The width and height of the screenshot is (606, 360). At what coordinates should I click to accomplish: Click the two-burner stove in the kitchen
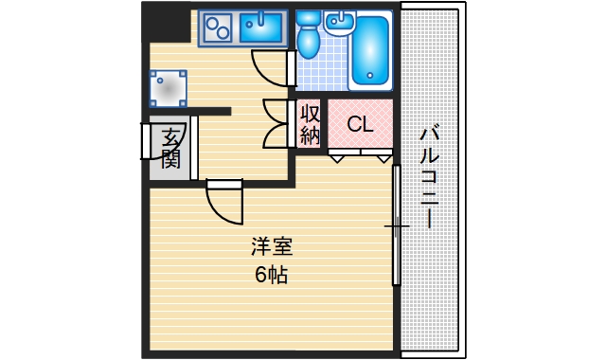click(217, 28)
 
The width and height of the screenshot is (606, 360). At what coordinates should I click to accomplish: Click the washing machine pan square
click(167, 88)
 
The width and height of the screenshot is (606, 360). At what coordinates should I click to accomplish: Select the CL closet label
click(360, 124)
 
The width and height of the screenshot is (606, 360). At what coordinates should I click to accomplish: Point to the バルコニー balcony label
click(429, 175)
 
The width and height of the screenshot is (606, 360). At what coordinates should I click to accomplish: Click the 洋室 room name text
click(272, 248)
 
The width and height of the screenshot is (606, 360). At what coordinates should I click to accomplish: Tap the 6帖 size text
click(272, 276)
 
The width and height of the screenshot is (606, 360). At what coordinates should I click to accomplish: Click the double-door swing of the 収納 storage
click(276, 123)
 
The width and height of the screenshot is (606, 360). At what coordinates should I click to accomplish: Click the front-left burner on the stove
click(209, 35)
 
